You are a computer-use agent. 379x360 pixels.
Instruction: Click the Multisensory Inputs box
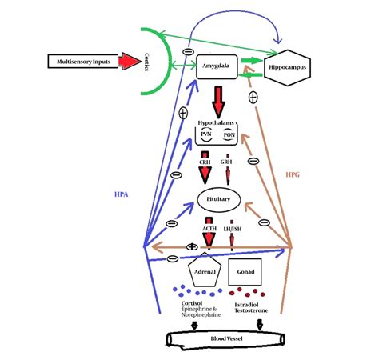pos(83,62)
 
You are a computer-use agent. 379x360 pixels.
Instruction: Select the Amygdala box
pos(217,66)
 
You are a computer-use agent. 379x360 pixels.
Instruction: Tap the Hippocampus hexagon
pos(287,68)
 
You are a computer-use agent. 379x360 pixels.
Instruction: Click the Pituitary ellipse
pos(219,199)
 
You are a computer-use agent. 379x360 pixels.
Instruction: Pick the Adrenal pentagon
pos(205,270)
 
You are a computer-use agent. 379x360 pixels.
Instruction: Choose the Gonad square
pos(245,272)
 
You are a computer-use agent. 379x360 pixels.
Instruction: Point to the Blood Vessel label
pos(226,338)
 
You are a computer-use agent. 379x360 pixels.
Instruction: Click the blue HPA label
pos(121,194)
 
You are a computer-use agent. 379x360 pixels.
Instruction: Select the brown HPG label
pos(293,174)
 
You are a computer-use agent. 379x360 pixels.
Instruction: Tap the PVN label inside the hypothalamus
pos(206,134)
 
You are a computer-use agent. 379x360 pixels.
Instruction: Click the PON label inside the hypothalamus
pos(229,134)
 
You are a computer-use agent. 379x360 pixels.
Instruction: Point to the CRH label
pos(205,162)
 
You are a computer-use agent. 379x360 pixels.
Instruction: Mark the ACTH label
pos(209,229)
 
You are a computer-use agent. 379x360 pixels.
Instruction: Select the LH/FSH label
pos(233,229)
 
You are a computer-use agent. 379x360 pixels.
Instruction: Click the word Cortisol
pos(192,303)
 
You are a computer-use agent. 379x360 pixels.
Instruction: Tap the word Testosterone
pos(251,310)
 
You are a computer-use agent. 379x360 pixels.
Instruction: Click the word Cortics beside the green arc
pos(146,62)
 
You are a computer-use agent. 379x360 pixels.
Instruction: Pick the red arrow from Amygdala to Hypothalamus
pos(218,102)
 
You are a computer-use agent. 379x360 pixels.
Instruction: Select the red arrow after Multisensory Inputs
pos(130,62)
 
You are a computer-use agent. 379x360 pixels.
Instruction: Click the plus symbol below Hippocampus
pos(253,98)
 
